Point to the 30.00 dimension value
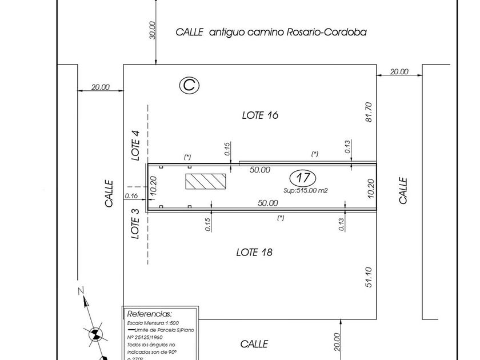[152, 30]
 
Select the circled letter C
[190, 86]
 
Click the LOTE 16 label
[260, 115]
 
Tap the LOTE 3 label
[135, 223]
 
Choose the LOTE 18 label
[254, 252]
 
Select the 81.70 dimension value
[369, 112]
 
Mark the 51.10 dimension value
[369, 277]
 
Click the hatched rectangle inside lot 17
[206, 182]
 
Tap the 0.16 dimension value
[131, 196]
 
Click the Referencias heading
[149, 314]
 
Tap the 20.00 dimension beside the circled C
[100, 87]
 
